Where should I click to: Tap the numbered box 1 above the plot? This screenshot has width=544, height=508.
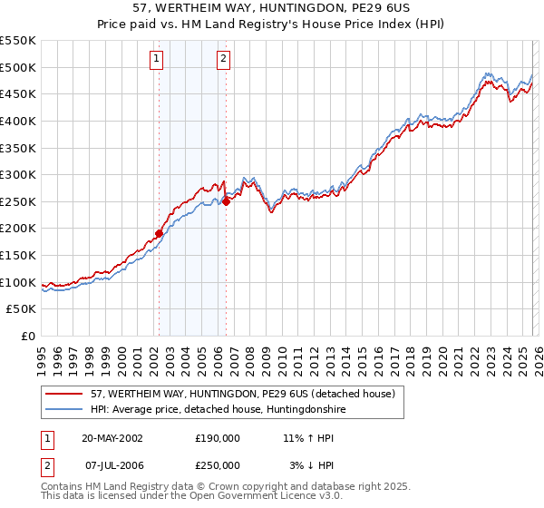pos(157,60)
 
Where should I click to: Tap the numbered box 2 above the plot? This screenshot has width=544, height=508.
pos(223,60)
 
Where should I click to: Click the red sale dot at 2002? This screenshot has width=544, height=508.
pos(159,233)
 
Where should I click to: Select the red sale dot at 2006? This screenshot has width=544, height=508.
pos(226,201)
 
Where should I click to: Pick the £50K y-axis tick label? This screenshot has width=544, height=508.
pos(22,309)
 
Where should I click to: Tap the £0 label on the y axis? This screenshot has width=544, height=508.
pos(29,337)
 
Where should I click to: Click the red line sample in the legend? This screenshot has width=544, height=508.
pos(65,395)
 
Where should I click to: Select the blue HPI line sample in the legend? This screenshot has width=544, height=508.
pos(65,410)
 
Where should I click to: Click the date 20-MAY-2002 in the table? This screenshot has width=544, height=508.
pos(112,437)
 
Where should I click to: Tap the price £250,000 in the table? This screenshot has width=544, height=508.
pos(218,464)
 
